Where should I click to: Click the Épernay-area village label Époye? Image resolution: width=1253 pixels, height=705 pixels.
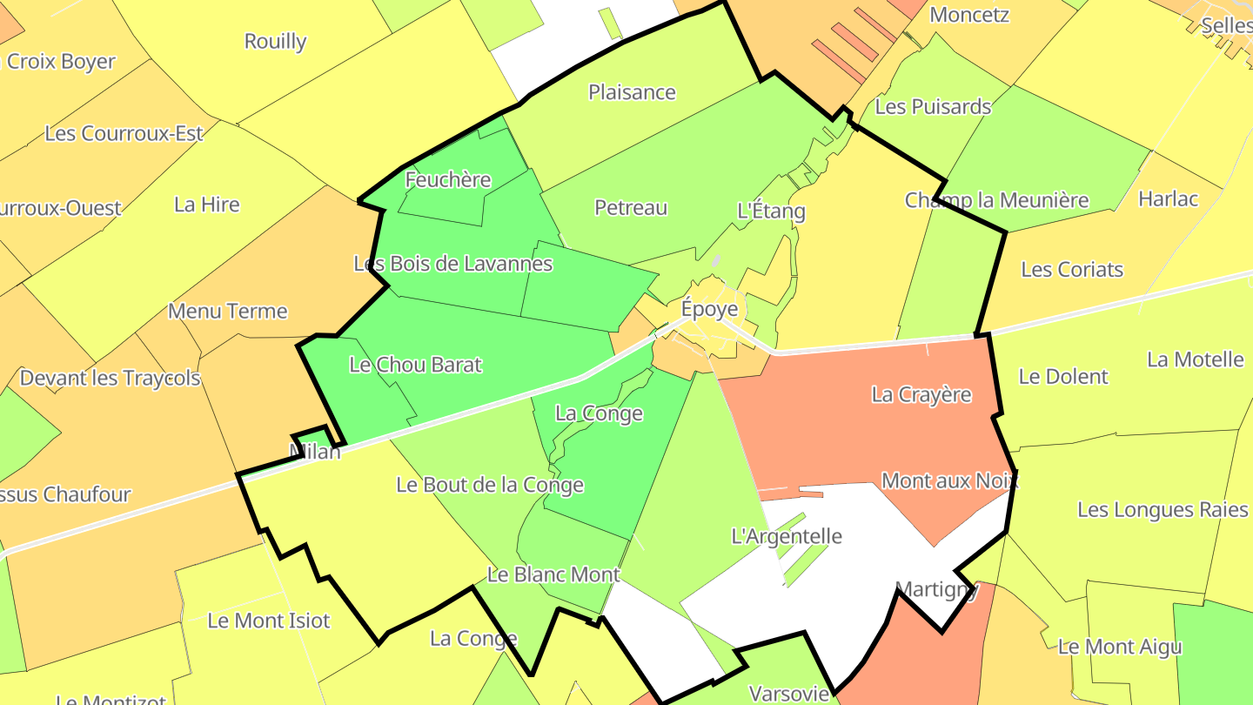point(709,309)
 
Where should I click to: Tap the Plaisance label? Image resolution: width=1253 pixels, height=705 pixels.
point(632,92)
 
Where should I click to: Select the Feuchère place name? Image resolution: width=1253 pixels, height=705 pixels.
point(448,180)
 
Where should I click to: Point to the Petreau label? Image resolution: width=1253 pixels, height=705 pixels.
point(631,207)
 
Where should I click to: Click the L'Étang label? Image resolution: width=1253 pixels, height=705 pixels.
point(771,211)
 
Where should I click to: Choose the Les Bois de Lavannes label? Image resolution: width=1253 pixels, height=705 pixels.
point(452,263)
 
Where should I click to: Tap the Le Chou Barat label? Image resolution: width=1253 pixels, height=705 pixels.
point(415,365)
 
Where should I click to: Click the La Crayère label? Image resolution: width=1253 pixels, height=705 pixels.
point(921,394)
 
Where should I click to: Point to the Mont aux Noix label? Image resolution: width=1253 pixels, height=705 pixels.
point(949,480)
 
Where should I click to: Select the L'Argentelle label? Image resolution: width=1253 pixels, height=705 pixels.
point(787,536)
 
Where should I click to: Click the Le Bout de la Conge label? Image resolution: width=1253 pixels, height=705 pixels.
point(490,485)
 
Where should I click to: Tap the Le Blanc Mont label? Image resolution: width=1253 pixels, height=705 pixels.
point(553,574)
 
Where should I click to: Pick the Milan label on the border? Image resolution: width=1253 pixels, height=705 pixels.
point(315,451)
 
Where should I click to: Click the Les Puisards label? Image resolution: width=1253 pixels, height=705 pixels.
point(933,107)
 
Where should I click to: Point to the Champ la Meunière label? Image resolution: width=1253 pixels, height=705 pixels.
point(996,200)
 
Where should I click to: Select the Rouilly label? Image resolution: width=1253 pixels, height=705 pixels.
point(275,41)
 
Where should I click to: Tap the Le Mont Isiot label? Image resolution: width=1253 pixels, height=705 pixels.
point(269,621)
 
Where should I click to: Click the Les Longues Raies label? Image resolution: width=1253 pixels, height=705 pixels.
point(1163,509)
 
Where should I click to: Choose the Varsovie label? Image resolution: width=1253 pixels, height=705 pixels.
point(789,694)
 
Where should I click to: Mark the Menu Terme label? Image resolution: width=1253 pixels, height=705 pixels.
point(227,311)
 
